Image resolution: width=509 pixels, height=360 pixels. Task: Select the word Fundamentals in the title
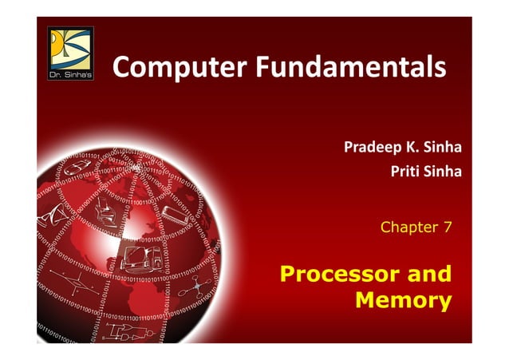point(351,67)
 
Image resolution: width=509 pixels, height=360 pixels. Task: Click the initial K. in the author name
point(415,148)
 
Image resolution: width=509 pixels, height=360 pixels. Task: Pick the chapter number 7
point(448,227)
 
